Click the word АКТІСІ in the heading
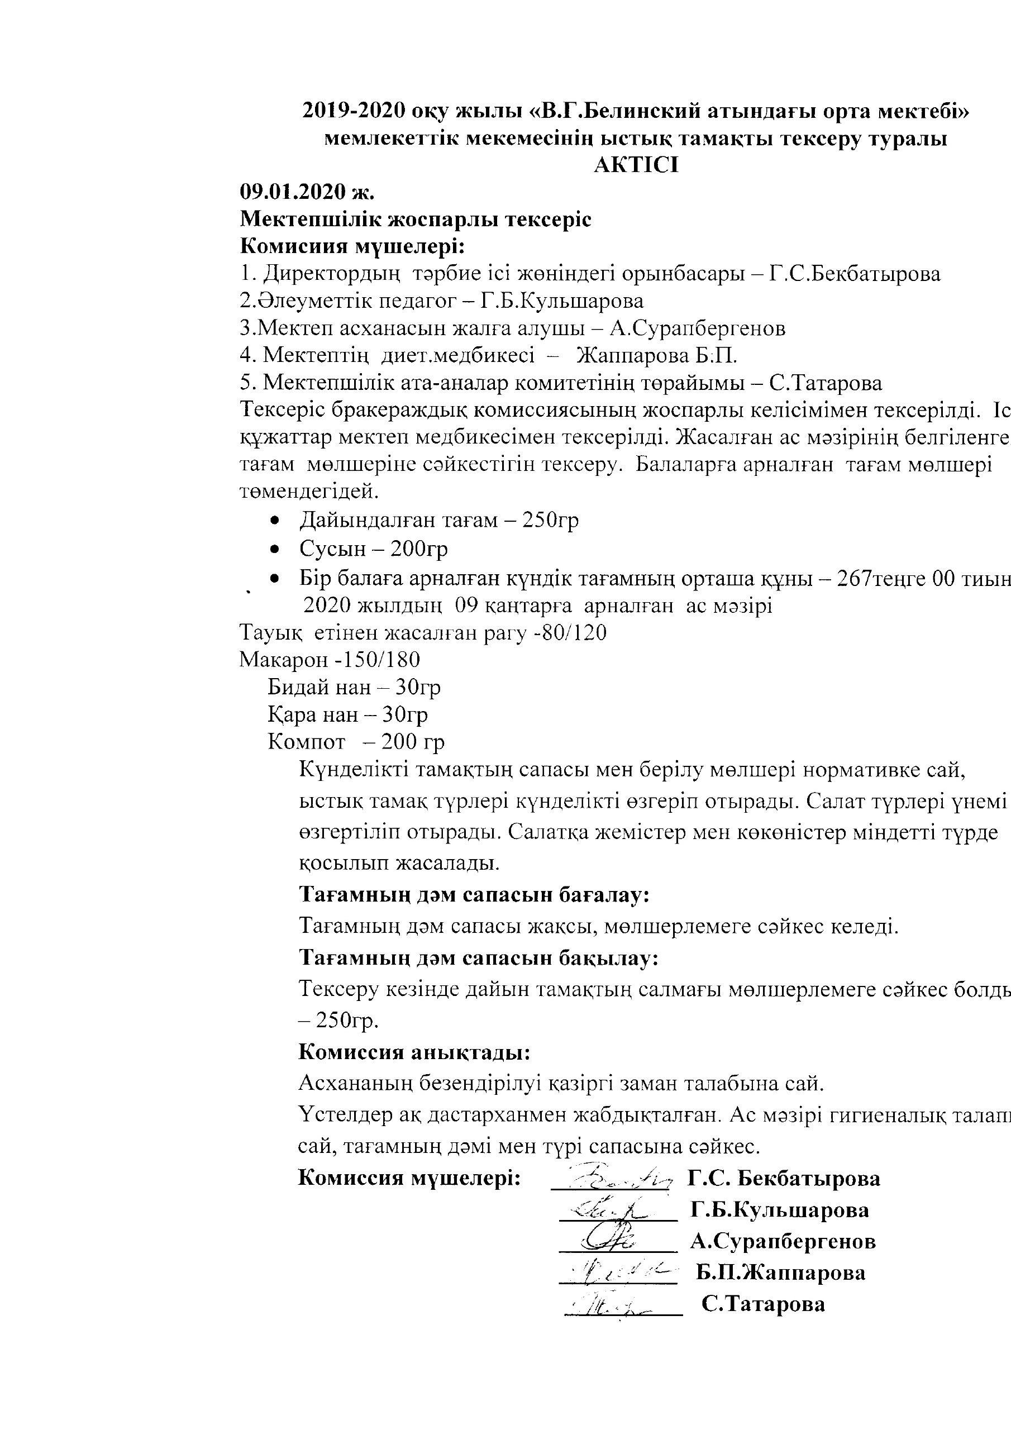(x=636, y=166)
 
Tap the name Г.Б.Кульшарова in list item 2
(x=562, y=302)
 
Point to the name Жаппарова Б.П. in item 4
(x=657, y=356)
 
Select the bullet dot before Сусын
(x=274, y=549)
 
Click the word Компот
(x=307, y=742)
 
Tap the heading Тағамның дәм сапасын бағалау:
(x=475, y=895)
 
